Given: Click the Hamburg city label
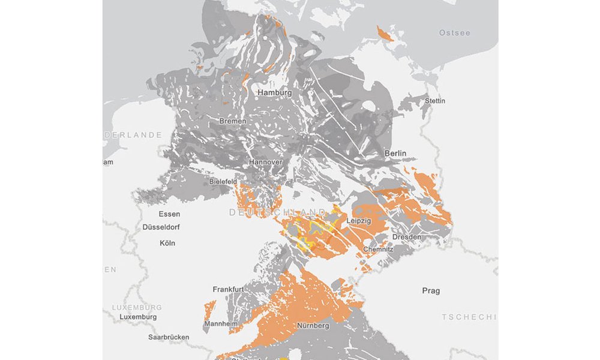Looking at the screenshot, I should pyautogui.click(x=274, y=93).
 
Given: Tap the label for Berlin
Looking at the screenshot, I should pyautogui.click(x=395, y=154).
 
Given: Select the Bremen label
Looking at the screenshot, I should pyautogui.click(x=233, y=121).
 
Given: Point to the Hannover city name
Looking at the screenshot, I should pyautogui.click(x=266, y=163).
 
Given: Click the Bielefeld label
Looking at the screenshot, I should pyautogui.click(x=223, y=181).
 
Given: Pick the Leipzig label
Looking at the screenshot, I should pyautogui.click(x=359, y=221).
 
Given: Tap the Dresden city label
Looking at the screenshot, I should pyautogui.click(x=407, y=237).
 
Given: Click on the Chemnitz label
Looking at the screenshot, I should pyautogui.click(x=378, y=249).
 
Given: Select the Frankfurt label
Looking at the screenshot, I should pyautogui.click(x=228, y=289).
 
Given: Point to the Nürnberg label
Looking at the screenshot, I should pyautogui.click(x=313, y=326).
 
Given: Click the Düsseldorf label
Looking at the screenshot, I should pyautogui.click(x=161, y=227).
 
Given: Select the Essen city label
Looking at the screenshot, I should pyautogui.click(x=169, y=214).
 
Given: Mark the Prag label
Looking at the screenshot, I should pyautogui.click(x=431, y=291).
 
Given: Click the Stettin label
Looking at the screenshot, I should pyautogui.click(x=435, y=101).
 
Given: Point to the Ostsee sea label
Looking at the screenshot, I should pyautogui.click(x=454, y=32).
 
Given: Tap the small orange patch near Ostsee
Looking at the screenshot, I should pyautogui.click(x=385, y=34).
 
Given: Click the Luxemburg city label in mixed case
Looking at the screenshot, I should pyautogui.click(x=138, y=317).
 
